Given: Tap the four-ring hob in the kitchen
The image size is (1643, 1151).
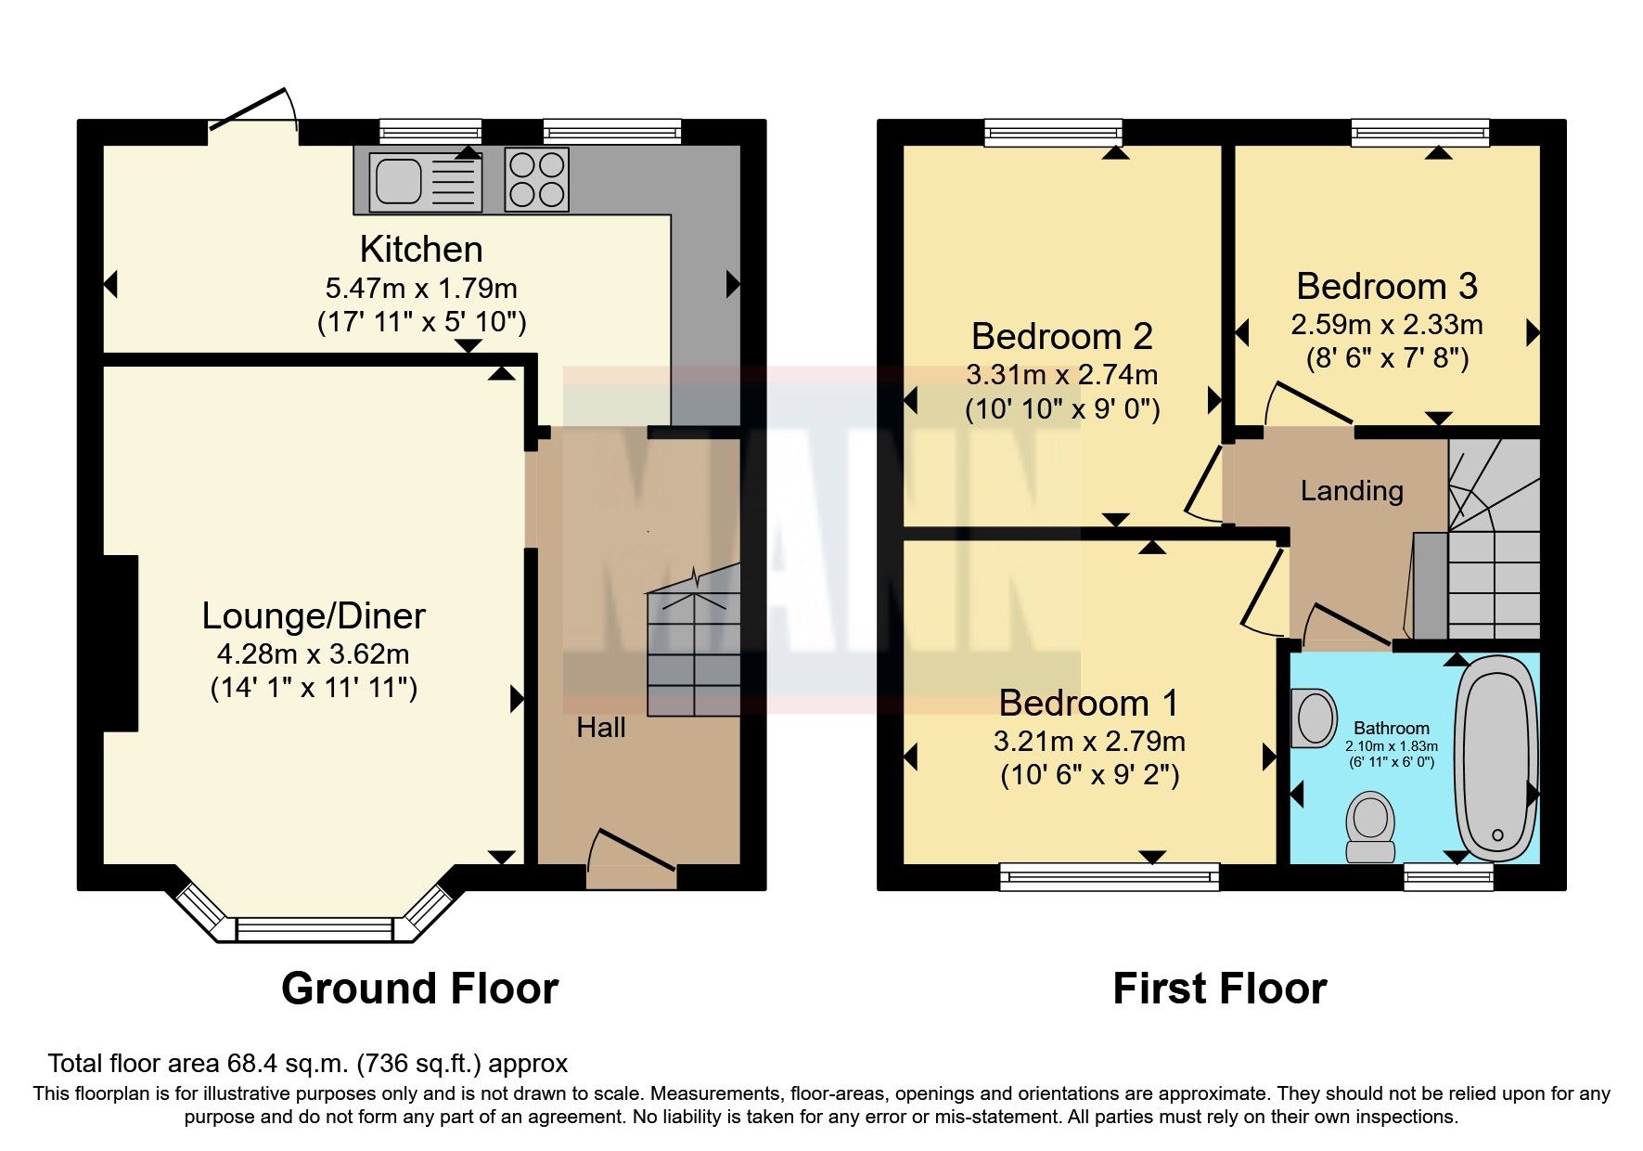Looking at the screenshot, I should [x=537, y=179].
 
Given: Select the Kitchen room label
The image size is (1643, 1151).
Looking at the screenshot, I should [x=421, y=249].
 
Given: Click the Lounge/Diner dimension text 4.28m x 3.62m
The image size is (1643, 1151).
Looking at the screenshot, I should [x=313, y=653].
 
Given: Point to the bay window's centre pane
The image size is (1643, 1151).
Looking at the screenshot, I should [x=314, y=928].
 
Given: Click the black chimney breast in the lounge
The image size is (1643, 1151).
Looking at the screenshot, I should [x=121, y=643].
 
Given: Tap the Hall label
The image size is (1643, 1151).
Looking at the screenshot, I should [x=601, y=727].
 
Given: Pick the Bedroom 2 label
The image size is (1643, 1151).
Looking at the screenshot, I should [x=1061, y=336].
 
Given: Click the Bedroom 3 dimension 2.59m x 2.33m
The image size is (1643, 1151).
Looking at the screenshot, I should [x=1386, y=324].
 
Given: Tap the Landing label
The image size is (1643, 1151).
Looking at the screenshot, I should [x=1351, y=490].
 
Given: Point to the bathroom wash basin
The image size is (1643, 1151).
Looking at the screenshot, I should [x=1313, y=718].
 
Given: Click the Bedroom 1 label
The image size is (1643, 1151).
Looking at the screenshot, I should [x=1088, y=703].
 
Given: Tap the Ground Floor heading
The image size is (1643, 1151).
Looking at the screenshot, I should [x=419, y=989].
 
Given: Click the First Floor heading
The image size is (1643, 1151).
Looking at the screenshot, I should [x=1219, y=989].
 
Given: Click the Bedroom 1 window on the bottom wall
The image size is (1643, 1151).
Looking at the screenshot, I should [x=1109, y=875].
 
